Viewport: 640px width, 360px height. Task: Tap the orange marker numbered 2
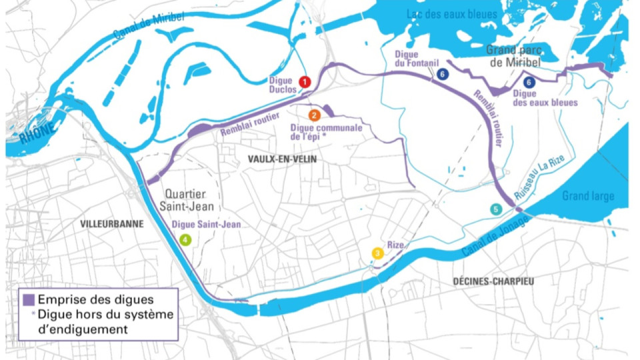point(315,115)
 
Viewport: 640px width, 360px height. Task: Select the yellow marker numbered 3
point(377,253)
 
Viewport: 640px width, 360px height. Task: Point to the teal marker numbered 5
point(495,209)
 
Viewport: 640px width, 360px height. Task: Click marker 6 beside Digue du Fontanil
point(443,75)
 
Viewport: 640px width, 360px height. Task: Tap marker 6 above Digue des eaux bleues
point(529,83)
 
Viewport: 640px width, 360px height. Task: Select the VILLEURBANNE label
point(111,224)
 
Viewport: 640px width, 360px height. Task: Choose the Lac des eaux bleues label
point(452,14)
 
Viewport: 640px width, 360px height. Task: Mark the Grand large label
point(587,196)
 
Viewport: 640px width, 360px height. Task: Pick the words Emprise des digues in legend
point(96,299)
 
